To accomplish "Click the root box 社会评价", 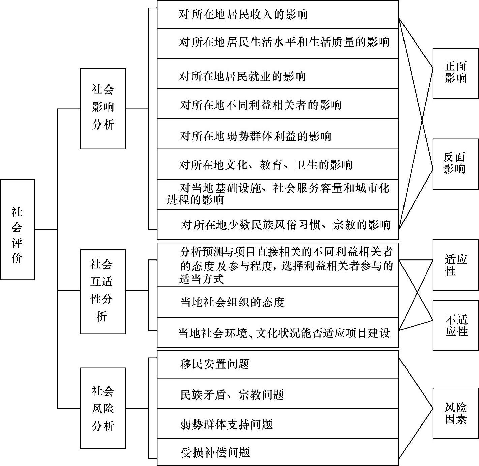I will (18, 229).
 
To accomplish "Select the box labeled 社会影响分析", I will (103, 109).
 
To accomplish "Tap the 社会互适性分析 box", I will (103, 292).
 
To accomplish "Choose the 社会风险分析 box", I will (103, 408).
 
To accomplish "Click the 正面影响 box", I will (455, 73).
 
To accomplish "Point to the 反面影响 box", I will (455, 164).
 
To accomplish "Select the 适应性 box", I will (455, 265).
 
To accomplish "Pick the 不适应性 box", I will (455, 325).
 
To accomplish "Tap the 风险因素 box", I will (455, 413).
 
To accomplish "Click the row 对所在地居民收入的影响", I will (278, 15).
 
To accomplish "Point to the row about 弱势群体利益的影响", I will (278, 136).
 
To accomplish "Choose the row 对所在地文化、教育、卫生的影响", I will (278, 165).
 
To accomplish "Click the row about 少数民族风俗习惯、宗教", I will (278, 224).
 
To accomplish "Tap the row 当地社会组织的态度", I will (278, 302).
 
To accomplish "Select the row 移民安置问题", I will (278, 364).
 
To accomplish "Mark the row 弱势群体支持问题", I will (278, 424).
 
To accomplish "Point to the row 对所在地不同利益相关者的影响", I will (278, 105).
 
